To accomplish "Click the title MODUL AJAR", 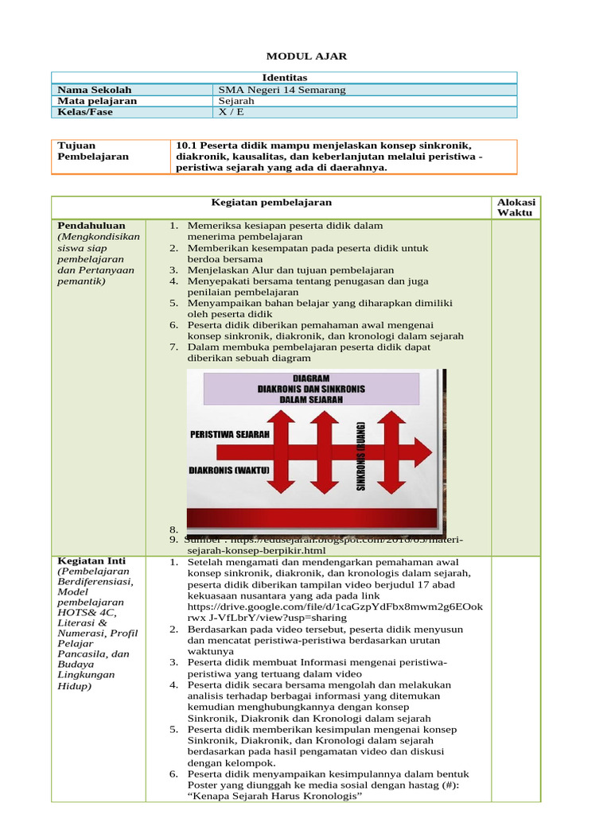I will (x=305, y=56).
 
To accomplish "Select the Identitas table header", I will (x=284, y=77).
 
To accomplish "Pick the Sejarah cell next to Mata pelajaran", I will (x=236, y=101).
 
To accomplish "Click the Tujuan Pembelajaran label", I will (x=93, y=151).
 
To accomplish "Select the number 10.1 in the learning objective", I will (x=186, y=145).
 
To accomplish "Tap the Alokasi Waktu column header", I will (x=516, y=207).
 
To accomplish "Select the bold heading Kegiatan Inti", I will (x=91, y=561).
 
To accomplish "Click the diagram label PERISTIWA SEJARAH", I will (x=230, y=435).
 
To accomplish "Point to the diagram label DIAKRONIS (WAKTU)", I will (x=230, y=471).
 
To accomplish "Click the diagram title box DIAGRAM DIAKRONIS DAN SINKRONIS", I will (x=311, y=389).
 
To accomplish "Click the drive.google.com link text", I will (x=334, y=607).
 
